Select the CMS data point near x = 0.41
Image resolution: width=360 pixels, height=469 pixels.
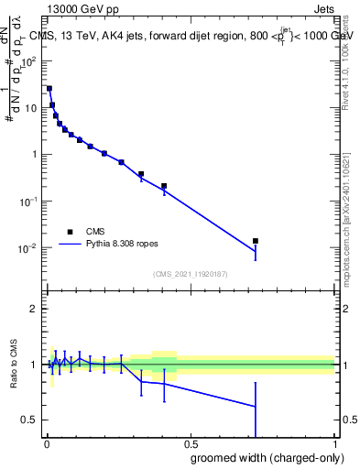164,186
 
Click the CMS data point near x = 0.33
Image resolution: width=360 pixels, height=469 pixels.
141,174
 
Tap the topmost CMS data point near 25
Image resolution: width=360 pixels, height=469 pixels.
49,89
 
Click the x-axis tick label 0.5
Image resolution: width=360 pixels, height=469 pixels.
191,444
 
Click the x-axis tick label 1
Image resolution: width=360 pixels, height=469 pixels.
335,444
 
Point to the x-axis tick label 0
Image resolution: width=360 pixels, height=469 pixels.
47,444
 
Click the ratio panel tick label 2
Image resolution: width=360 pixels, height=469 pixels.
34,309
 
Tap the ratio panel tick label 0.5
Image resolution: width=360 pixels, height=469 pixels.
30,420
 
